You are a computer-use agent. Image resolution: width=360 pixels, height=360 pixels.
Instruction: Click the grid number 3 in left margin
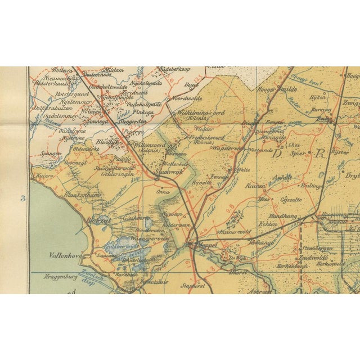[x=23, y=198]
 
